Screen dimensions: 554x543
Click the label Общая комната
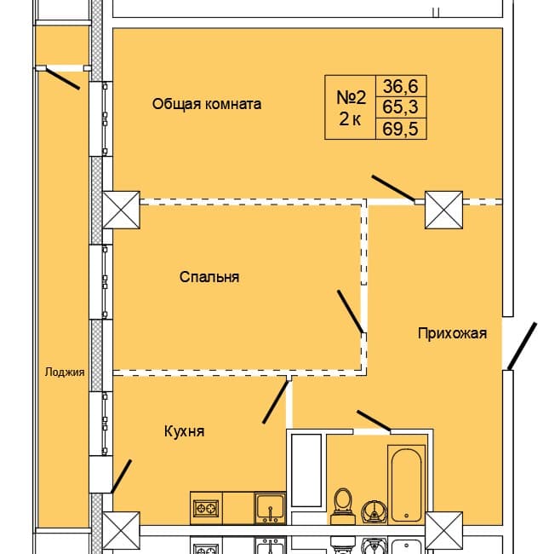click(207, 104)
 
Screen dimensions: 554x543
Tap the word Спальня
click(209, 277)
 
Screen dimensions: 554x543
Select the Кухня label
click(184, 431)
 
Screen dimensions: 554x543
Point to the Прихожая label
click(452, 333)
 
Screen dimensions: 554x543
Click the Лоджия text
click(65, 372)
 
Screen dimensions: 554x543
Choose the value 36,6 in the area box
click(404, 86)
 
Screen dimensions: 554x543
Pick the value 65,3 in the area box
click(404, 107)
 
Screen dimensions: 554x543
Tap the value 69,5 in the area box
click(404, 129)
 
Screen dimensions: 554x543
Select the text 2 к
click(350, 119)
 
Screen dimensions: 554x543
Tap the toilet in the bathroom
click(344, 504)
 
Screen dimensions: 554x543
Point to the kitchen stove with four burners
click(207, 508)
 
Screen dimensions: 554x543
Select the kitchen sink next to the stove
click(270, 508)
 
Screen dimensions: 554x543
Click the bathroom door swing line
click(374, 420)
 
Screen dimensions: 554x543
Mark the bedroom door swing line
click(351, 311)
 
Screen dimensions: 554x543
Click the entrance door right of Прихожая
click(522, 347)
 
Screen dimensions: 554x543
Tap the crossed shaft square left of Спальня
click(120, 210)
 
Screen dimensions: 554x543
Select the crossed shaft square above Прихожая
click(443, 210)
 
